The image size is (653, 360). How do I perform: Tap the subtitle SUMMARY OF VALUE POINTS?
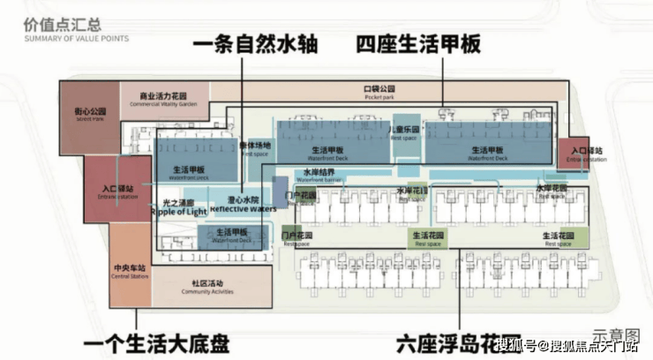click(x=76, y=40)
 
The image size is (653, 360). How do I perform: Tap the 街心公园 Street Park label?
click(x=90, y=114)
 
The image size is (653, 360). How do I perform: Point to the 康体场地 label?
click(x=255, y=147)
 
